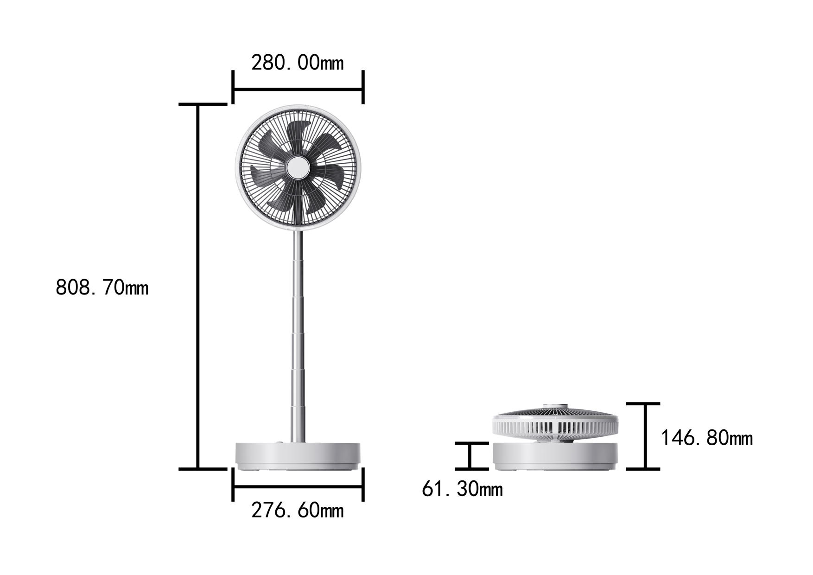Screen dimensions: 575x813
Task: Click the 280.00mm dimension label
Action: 298,63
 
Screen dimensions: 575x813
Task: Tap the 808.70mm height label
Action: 102,287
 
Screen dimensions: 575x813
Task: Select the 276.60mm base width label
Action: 298,511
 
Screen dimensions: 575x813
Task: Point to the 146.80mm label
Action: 706,438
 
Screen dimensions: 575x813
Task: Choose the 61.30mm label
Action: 462,489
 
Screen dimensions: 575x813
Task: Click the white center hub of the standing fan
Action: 298,168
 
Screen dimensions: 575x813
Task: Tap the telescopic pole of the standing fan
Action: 298,334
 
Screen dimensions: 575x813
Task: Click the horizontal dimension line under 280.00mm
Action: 298,89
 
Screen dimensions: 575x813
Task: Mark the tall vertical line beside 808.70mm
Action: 198,287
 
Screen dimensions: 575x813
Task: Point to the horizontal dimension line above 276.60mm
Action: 298,486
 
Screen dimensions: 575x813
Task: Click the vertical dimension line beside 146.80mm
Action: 645,436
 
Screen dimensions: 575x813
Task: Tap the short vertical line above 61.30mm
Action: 470,456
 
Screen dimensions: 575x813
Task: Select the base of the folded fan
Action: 555,456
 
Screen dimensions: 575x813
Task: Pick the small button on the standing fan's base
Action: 279,442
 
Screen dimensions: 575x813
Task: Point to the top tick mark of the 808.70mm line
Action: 203,104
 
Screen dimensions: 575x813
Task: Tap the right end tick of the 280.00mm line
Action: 363,87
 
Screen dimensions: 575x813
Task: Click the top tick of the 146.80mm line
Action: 643,404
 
